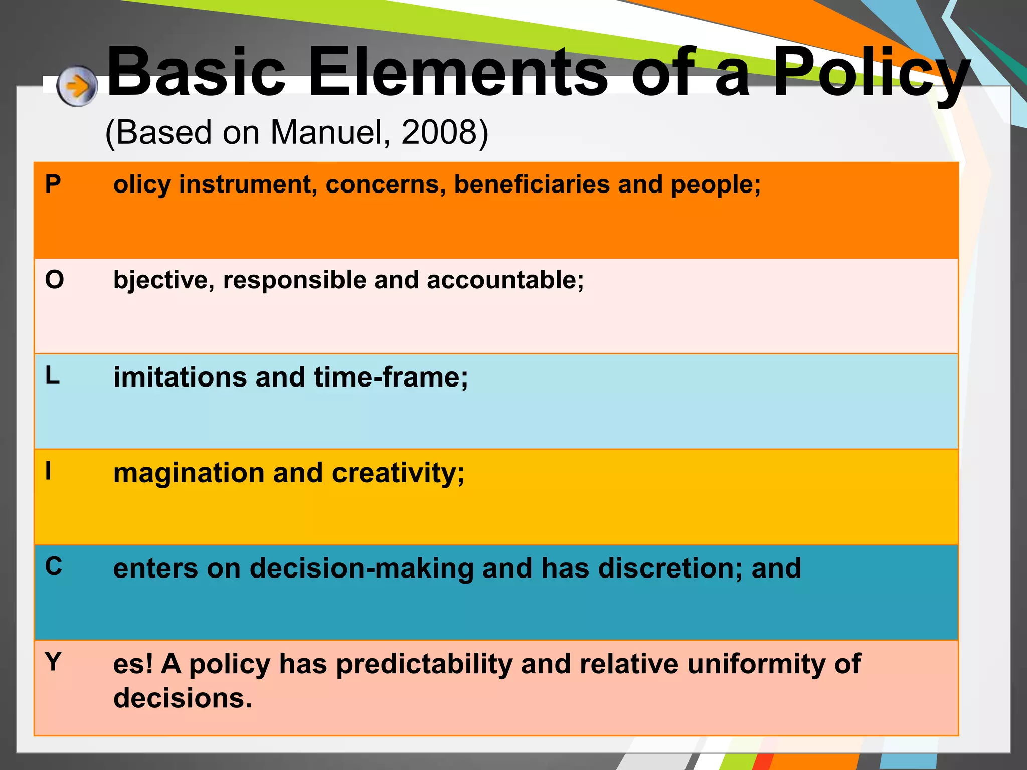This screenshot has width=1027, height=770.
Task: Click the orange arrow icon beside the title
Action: click(x=77, y=86)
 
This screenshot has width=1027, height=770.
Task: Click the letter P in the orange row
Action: click(x=53, y=184)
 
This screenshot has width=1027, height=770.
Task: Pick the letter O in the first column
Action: click(x=54, y=279)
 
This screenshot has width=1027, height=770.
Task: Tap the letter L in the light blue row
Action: click(x=52, y=375)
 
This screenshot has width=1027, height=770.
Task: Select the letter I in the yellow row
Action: click(x=48, y=471)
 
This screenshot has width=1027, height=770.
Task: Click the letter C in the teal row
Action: click(x=54, y=567)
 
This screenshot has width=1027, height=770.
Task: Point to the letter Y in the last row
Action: click(x=53, y=662)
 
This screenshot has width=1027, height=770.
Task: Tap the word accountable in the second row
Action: click(x=505, y=280)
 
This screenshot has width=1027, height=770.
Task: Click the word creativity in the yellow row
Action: click(x=398, y=473)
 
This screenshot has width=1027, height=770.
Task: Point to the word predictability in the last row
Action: click(x=424, y=664)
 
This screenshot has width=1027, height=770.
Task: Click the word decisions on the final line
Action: click(x=183, y=698)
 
